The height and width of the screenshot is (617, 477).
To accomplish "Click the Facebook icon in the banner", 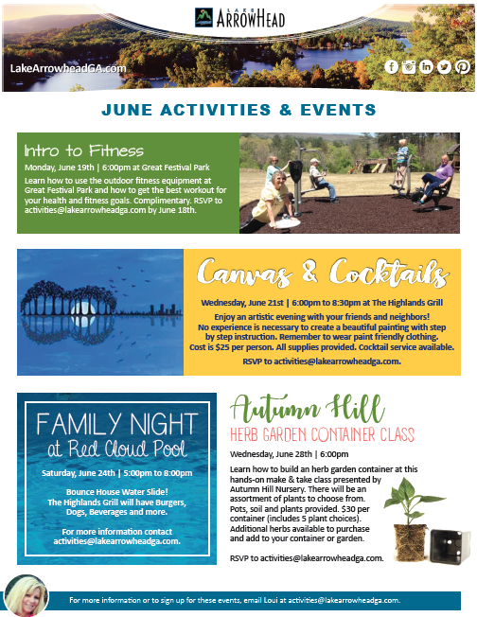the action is [x=391, y=67].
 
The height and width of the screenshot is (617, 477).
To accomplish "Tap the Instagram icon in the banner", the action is [x=409, y=67].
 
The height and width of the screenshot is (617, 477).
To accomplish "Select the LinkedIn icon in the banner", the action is [x=426, y=67].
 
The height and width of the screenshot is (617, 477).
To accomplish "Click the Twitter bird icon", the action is [x=444, y=67].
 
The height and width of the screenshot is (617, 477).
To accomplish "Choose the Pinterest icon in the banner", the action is [x=463, y=67].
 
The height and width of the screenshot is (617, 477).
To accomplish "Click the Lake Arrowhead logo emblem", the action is [x=203, y=17].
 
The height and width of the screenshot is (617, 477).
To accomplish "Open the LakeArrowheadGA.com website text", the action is [x=68, y=68].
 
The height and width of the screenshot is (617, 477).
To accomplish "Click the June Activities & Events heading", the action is [x=238, y=110].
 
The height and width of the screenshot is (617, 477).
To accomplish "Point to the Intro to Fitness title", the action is [x=84, y=150].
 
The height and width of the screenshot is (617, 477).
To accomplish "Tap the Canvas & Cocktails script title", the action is [x=323, y=273].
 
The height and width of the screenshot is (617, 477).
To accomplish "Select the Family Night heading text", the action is [x=117, y=423].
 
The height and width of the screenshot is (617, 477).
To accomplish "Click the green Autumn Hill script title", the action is [x=307, y=408].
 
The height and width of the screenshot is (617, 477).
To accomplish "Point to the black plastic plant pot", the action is [x=450, y=547].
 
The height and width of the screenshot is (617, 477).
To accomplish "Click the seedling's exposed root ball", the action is [x=410, y=542].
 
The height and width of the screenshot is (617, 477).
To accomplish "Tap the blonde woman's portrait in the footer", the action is [x=26, y=595].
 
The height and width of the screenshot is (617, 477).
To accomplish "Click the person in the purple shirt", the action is [x=436, y=179].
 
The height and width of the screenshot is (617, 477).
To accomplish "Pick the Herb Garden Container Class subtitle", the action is [x=322, y=434].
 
